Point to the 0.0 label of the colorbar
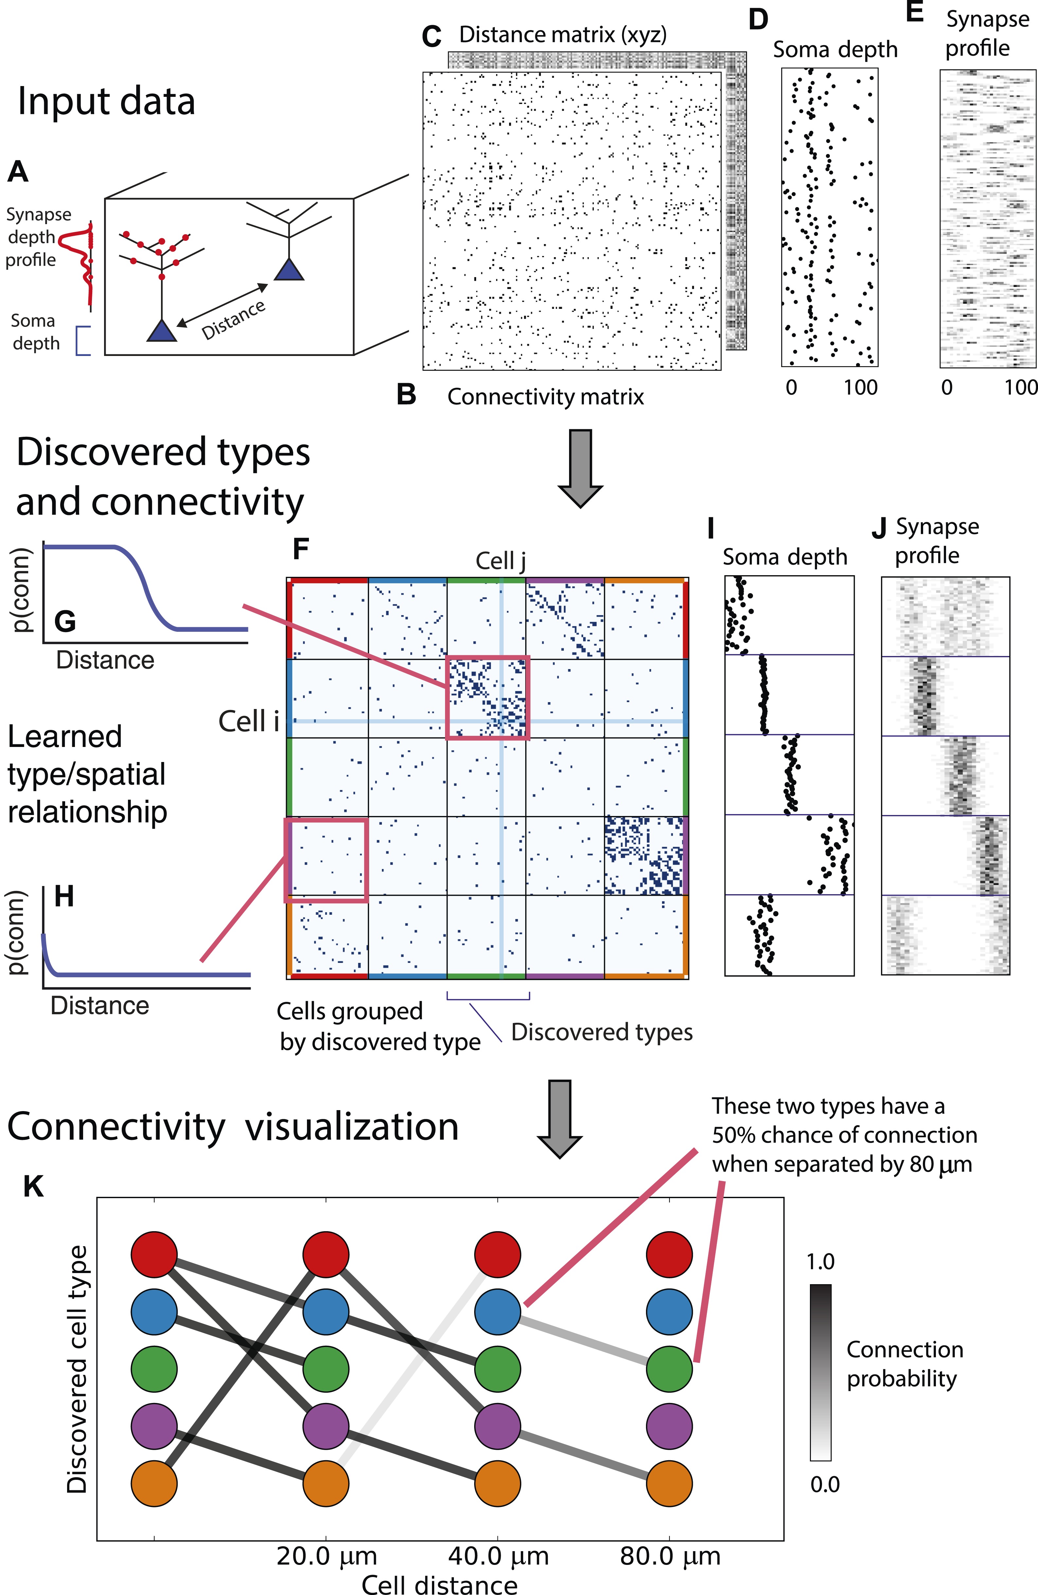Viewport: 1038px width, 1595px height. click(x=824, y=1484)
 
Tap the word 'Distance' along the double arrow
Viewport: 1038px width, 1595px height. click(x=233, y=320)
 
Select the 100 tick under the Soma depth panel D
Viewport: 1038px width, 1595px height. click(x=860, y=387)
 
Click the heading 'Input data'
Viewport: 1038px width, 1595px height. click(x=106, y=102)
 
